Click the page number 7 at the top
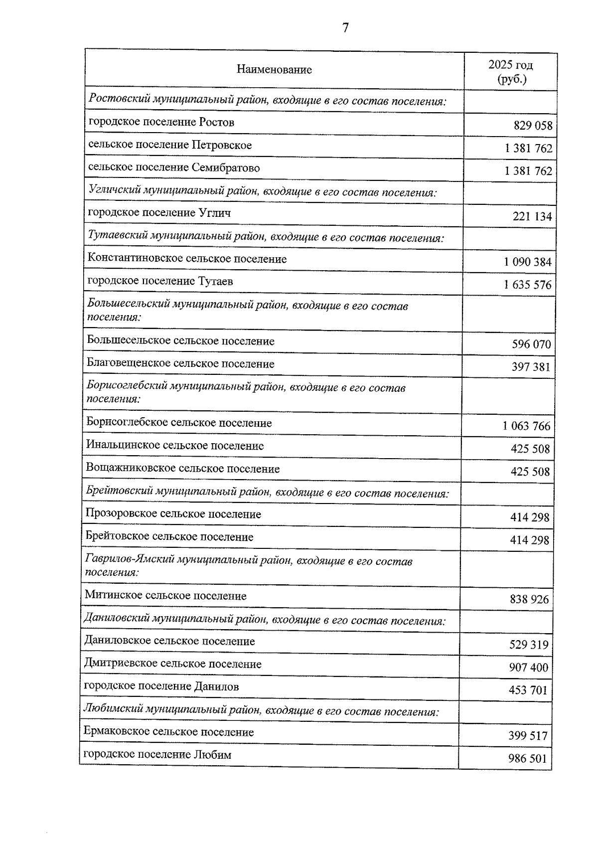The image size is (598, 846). [x=345, y=28]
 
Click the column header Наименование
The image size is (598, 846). [x=274, y=69]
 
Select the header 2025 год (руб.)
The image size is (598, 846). [x=511, y=72]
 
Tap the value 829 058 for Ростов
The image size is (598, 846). [x=533, y=126]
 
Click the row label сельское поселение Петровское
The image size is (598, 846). [x=170, y=145]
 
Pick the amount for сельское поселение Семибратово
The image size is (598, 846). [x=528, y=171]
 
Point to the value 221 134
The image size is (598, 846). [x=532, y=216]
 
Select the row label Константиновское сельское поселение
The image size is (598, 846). [x=187, y=259]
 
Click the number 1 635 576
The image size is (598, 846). [x=528, y=285]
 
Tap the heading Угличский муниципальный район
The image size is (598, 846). [x=262, y=190]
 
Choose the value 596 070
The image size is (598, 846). [x=531, y=344]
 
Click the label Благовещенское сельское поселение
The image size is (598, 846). [x=180, y=364]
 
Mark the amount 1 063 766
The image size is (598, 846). [x=526, y=426]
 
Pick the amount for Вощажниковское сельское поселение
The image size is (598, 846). [x=530, y=472]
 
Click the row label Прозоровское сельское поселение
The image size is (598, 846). [x=173, y=514]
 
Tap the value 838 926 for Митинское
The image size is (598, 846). [x=529, y=599]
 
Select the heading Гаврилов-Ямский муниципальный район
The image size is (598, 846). [x=248, y=566]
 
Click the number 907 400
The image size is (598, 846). [x=528, y=668]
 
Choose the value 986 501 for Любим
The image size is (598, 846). [x=527, y=759]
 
